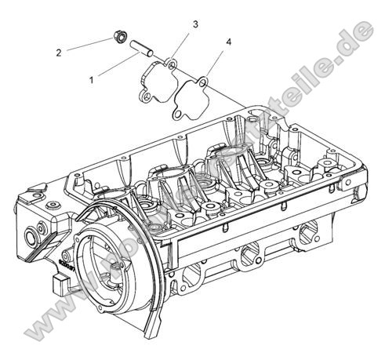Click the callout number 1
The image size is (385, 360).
coord(93,79)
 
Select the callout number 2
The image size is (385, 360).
coord(58,53)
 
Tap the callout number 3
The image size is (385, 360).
coord(194,25)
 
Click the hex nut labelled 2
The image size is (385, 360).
coord(121,37)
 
